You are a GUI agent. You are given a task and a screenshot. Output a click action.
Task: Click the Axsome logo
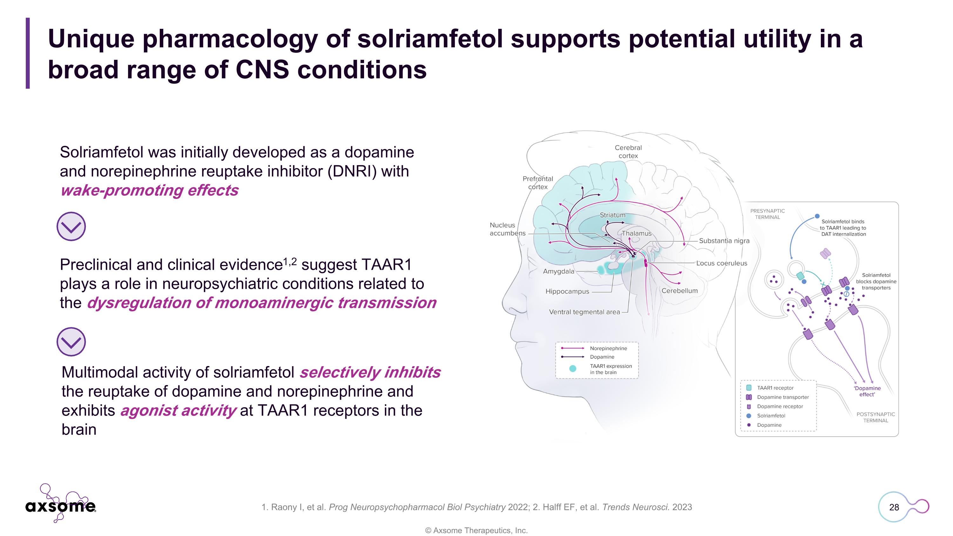pyautogui.click(x=61, y=503)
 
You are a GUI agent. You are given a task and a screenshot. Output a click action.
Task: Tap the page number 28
pyautogui.click(x=894, y=507)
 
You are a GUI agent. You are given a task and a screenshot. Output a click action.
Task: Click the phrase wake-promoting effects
pyautogui.click(x=149, y=191)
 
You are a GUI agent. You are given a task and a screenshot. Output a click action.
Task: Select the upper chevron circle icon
pyautogui.click(x=71, y=227)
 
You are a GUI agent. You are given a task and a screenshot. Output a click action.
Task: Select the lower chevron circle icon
pyautogui.click(x=71, y=342)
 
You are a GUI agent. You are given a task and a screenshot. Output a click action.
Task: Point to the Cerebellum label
pyautogui.click(x=679, y=291)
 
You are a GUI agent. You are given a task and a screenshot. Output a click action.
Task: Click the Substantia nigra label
pyautogui.click(x=724, y=241)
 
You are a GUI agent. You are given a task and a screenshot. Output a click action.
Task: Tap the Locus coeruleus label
pyautogui.click(x=722, y=263)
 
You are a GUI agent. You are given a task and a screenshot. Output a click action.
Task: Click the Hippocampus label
pyautogui.click(x=567, y=291)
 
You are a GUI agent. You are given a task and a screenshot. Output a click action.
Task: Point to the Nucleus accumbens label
pyautogui.click(x=508, y=229)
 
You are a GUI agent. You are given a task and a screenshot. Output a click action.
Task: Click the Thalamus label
pyautogui.click(x=637, y=234)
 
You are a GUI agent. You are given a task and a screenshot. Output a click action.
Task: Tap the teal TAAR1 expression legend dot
pyautogui.click(x=573, y=369)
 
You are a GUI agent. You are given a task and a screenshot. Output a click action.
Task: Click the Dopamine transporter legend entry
pyautogui.click(x=777, y=397)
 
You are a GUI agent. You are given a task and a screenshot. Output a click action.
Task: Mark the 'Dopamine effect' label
pyautogui.click(x=867, y=391)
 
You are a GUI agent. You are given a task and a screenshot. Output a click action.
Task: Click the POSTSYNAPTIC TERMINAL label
pyautogui.click(x=876, y=417)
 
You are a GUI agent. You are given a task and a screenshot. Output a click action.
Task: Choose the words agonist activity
pyautogui.click(x=178, y=410)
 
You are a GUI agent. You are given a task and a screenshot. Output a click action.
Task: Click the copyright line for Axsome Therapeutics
pyautogui.click(x=476, y=531)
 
